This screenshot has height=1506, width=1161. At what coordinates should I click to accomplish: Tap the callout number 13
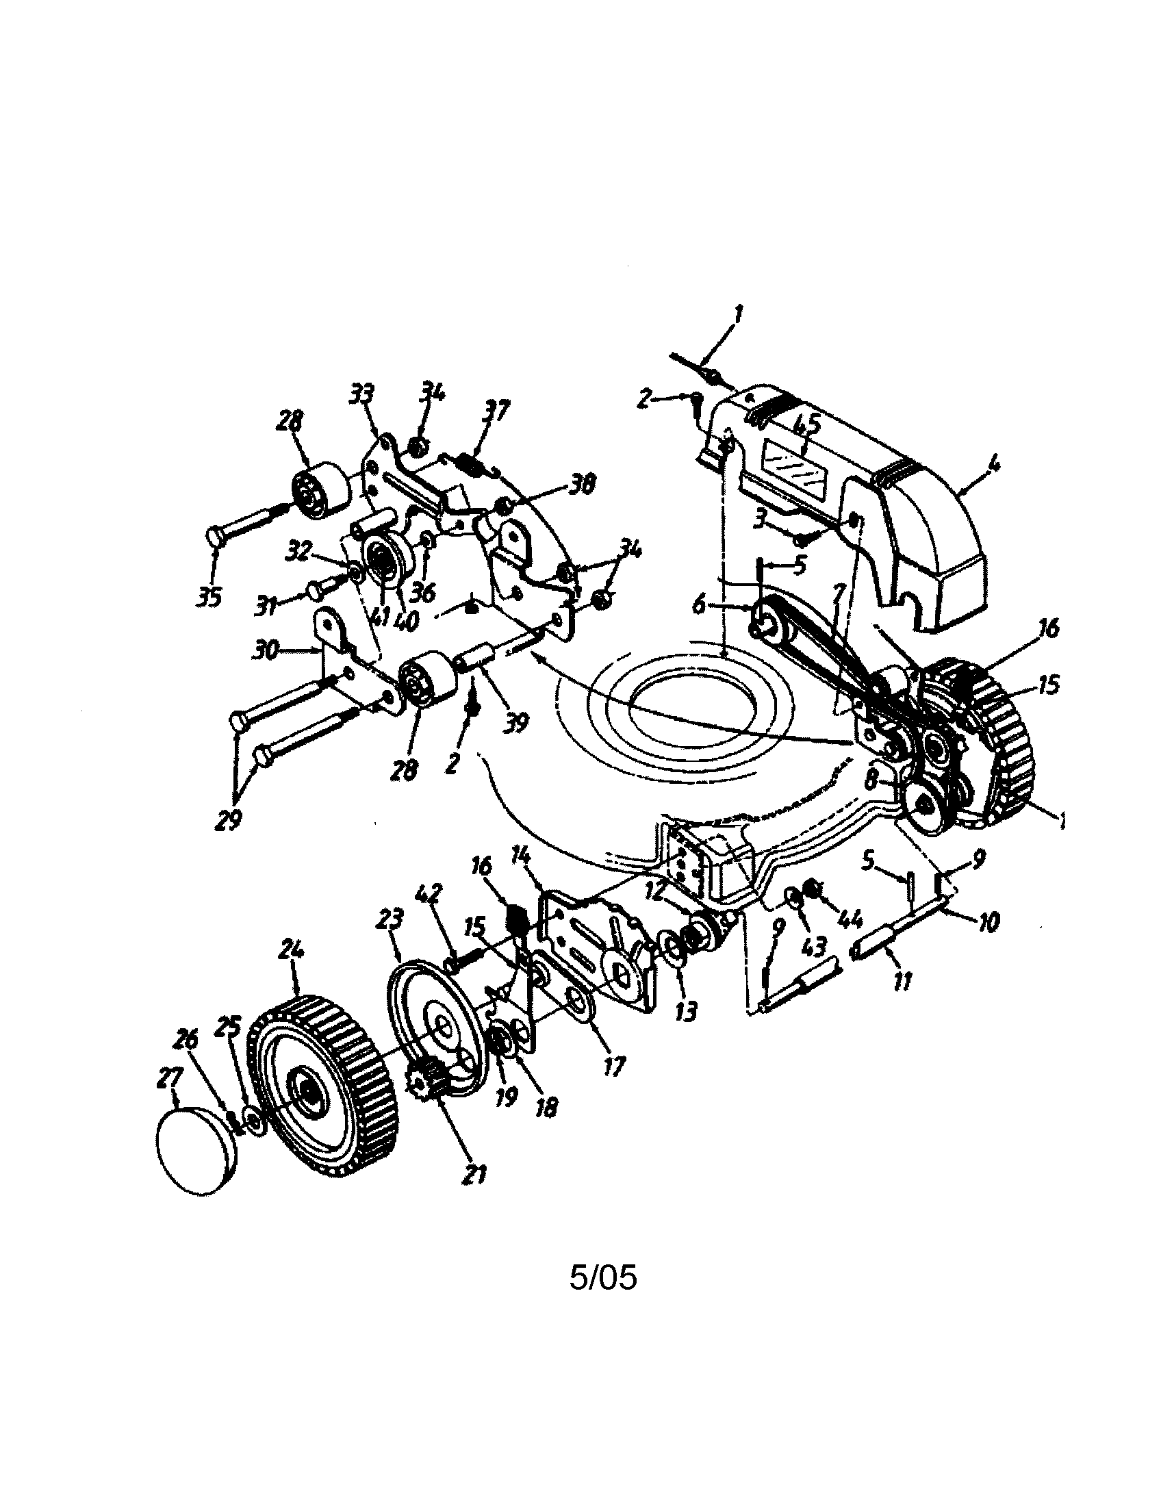(685, 1012)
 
